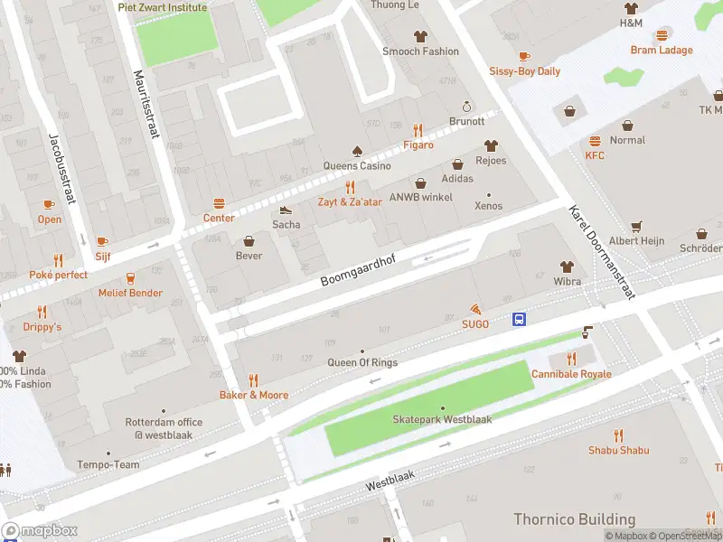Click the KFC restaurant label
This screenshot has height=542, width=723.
pos(595,155)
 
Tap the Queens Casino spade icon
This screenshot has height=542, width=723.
pos(357,150)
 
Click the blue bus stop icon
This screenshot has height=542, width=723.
pos(521,319)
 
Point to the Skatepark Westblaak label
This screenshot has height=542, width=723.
pos(442,420)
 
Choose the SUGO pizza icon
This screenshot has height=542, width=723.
pos(475,309)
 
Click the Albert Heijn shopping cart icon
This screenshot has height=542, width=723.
pos(636,226)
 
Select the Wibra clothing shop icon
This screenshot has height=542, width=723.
pos(567,266)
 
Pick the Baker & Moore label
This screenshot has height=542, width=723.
pos(254,395)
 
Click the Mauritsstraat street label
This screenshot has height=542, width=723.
pos(146,105)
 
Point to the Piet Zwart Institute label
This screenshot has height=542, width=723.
pos(162,7)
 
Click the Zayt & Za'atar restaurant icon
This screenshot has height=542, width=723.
pos(349,187)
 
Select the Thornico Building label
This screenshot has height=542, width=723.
pos(574,519)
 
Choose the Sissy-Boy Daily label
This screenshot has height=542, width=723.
pos(524,71)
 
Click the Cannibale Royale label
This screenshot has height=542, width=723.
pos(571,374)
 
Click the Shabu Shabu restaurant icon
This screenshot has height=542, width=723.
pos(619,435)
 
